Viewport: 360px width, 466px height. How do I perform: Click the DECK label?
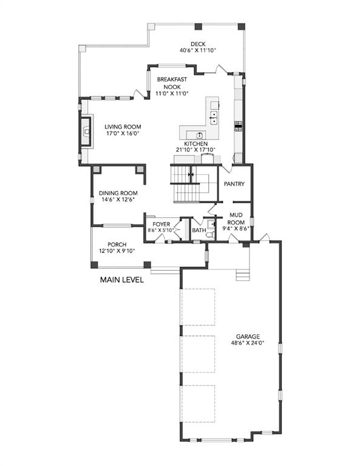point(198,44)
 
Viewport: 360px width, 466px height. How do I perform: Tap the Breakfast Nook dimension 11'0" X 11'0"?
point(172,93)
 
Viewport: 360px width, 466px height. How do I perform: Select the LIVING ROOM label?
point(123,127)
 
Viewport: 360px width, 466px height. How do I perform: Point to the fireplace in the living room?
point(86,131)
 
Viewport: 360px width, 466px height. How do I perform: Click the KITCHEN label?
point(195,144)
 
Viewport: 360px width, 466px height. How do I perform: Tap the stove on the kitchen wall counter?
point(239,126)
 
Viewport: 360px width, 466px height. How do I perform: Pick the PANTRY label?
point(234,184)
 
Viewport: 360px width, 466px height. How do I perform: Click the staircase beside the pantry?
point(190,184)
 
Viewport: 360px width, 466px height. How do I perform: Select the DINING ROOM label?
point(118,193)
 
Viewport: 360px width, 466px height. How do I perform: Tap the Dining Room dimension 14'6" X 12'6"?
point(118,200)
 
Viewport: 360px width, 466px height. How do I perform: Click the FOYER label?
point(161,224)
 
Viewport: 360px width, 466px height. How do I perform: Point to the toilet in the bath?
point(210,234)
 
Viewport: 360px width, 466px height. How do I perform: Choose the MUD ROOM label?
point(236,218)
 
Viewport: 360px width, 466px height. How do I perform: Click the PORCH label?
point(117,245)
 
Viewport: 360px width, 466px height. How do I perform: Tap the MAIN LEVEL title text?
point(122,280)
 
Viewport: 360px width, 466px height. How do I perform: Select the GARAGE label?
point(248,336)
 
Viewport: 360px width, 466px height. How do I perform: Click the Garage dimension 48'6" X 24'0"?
point(248,343)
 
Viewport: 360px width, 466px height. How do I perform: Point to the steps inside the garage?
point(243,275)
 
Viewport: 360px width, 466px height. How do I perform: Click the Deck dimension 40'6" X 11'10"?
point(198,50)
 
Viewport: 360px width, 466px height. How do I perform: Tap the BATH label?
point(199,230)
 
